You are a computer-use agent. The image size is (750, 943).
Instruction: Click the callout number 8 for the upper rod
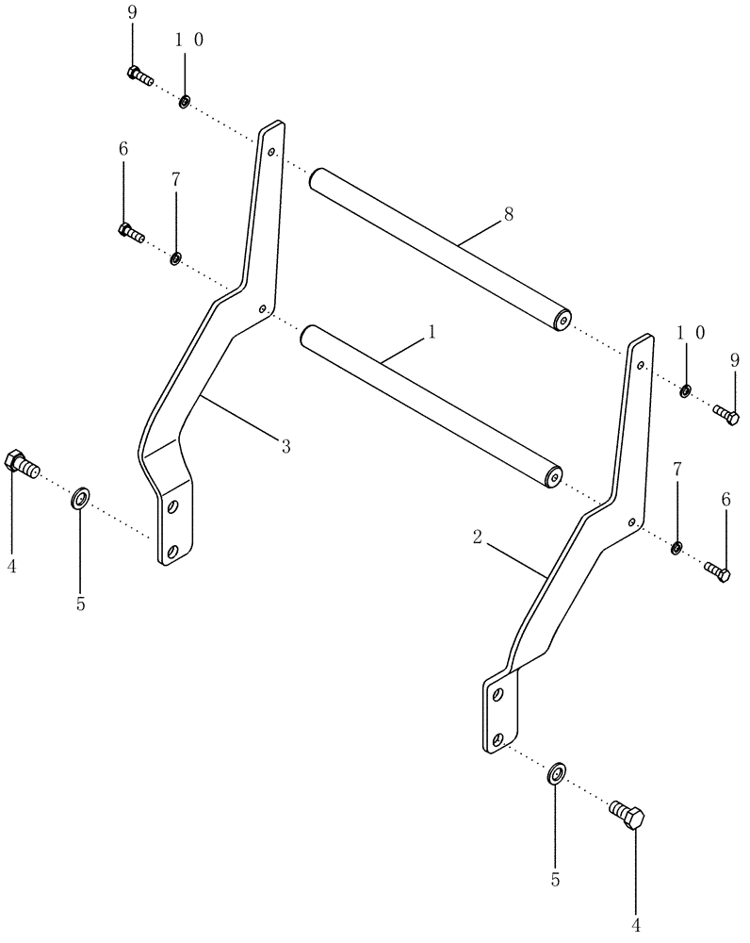(509, 214)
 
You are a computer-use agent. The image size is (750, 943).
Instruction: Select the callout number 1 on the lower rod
(432, 332)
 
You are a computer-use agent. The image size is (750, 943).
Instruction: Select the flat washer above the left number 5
(80, 497)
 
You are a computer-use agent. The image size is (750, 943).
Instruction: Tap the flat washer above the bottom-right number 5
(556, 774)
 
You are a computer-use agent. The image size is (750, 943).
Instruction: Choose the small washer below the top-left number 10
(184, 100)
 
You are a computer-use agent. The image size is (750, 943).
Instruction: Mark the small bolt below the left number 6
(131, 232)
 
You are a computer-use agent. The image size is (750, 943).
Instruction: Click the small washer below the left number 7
(176, 257)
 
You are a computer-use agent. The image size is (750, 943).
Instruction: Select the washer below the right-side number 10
(687, 390)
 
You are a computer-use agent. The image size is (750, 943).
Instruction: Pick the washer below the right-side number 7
(677, 548)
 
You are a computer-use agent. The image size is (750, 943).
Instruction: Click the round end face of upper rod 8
(562, 320)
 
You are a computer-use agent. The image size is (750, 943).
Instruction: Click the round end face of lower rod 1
(552, 477)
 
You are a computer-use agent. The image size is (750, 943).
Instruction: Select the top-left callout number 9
(132, 14)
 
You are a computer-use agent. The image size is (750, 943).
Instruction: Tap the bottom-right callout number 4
(635, 926)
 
